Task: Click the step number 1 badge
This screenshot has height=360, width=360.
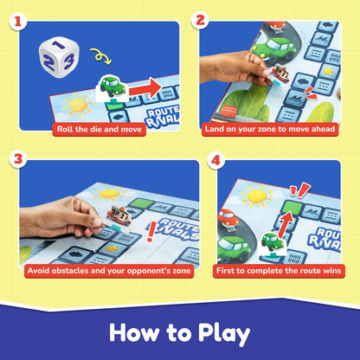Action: pyautogui.click(x=18, y=22)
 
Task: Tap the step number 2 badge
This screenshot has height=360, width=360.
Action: pyautogui.click(x=200, y=21)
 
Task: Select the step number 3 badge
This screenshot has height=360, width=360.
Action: pyautogui.click(x=18, y=159)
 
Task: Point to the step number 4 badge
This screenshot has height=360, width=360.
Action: pyautogui.click(x=215, y=160)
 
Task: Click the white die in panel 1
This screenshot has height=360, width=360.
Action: pyautogui.click(x=59, y=57)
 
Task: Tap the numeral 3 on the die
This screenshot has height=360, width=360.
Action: pyautogui.click(x=68, y=61)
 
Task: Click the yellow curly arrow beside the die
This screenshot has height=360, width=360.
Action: pyautogui.click(x=101, y=56)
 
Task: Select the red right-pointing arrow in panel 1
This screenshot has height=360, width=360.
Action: pyautogui.click(x=145, y=89)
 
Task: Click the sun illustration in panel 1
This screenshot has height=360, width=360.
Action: pyautogui.click(x=78, y=106)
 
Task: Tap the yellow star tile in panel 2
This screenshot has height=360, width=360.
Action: pyautogui.click(x=329, y=71)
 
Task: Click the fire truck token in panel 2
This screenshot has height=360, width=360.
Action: pyautogui.click(x=280, y=74)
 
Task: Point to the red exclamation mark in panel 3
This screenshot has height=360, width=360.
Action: pyautogui.click(x=151, y=232)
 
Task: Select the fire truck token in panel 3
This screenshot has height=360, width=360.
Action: pyautogui.click(x=119, y=215)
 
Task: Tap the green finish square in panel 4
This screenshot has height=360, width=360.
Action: pyautogui.click(x=292, y=207)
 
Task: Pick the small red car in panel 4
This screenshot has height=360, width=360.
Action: pyautogui.click(x=228, y=217)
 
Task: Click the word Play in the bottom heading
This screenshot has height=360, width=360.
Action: pyautogui.click(x=224, y=334)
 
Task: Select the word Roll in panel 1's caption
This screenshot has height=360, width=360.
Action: pyautogui.click(x=63, y=129)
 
